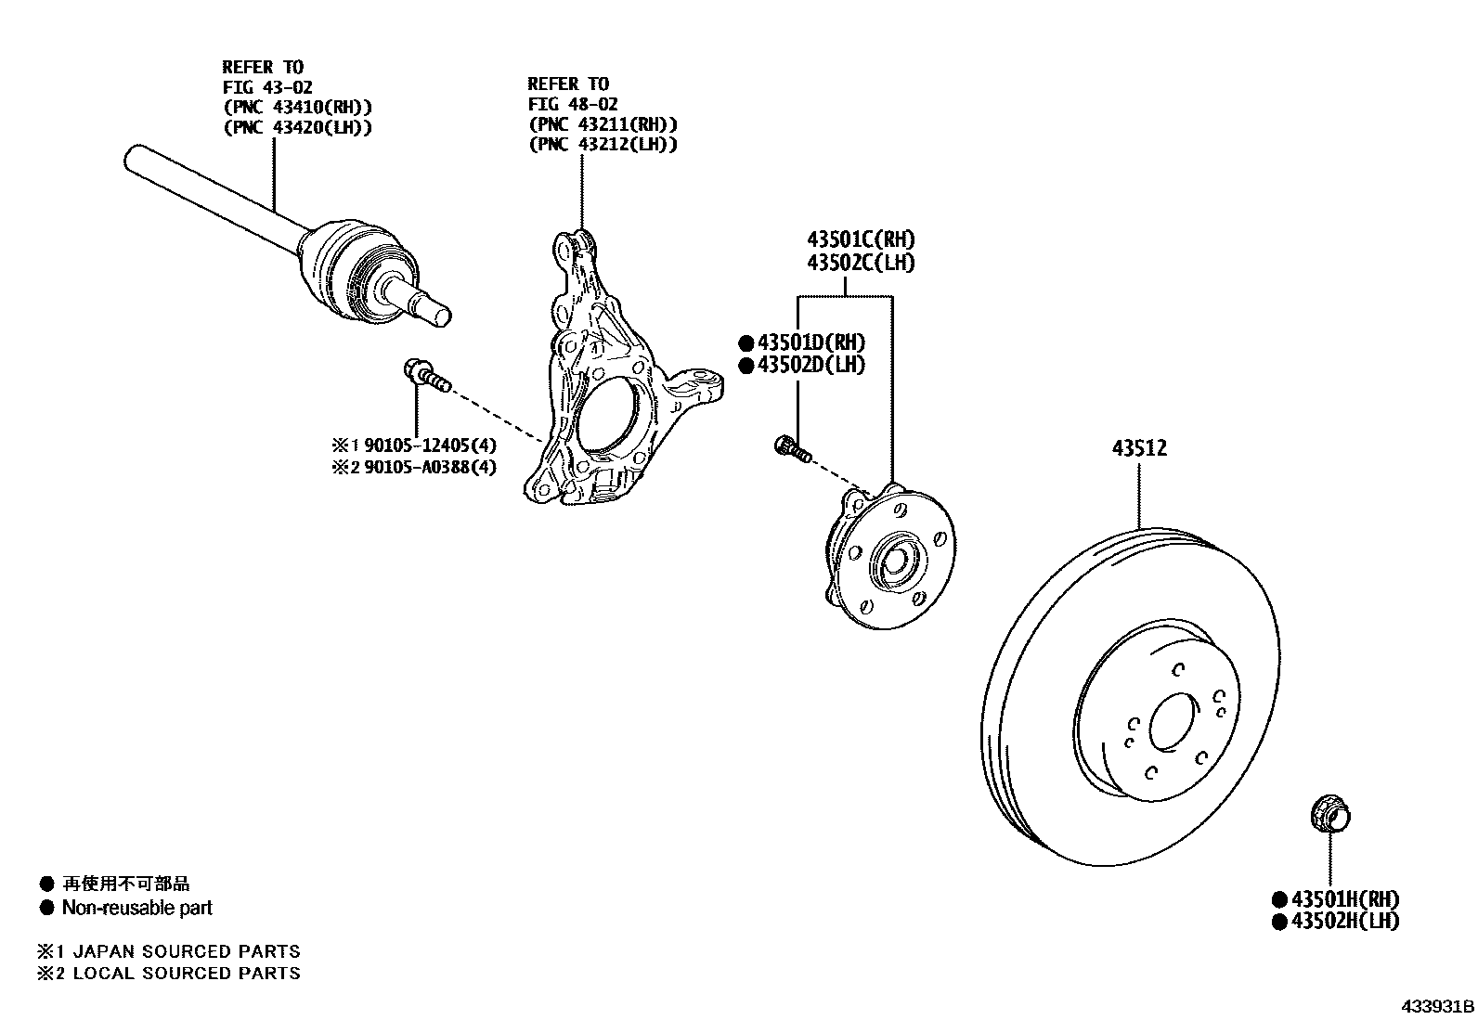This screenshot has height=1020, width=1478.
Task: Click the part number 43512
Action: point(1139,448)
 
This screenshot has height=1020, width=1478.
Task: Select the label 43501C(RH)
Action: point(860,239)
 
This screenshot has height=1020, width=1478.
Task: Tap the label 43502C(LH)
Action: point(860,263)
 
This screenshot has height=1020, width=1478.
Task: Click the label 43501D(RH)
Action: point(810,342)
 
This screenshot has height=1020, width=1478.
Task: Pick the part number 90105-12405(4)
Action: point(429,445)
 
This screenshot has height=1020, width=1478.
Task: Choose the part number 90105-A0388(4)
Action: point(429,467)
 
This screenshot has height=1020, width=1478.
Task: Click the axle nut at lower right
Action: point(1329,816)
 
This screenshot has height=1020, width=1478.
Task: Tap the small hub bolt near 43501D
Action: point(792,449)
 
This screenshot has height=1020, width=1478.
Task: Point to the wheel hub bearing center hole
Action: point(897,562)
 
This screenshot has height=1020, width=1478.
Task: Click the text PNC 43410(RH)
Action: point(297,107)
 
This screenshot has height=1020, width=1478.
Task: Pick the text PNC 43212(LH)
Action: point(602,145)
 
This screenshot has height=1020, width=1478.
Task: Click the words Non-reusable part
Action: point(136,908)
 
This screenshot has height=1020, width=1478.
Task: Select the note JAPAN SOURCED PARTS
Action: point(186,951)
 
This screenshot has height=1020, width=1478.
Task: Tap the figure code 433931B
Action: point(1437,1006)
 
